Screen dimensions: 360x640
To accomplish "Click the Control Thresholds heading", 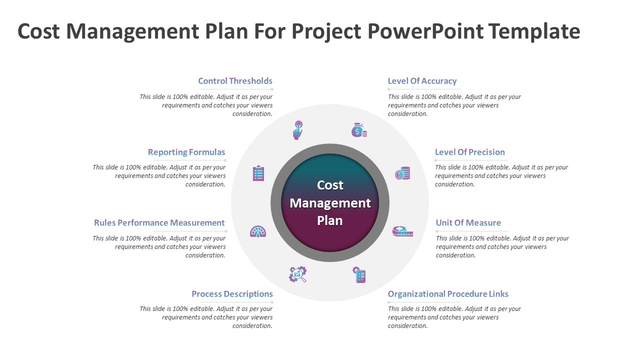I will [x=235, y=81].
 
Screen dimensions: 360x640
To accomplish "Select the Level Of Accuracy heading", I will [x=422, y=81].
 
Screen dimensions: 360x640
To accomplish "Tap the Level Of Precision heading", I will [x=469, y=152].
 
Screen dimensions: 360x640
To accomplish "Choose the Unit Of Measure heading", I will [x=468, y=222].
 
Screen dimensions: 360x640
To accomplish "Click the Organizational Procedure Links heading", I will [x=448, y=294].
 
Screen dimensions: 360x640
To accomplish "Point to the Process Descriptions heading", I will [x=232, y=294].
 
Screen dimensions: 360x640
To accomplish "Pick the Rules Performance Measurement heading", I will [x=159, y=222].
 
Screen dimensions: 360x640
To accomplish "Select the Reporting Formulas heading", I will [x=186, y=152].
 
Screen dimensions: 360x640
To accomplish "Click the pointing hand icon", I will [x=298, y=129].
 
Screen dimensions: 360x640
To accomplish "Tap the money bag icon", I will [x=358, y=130].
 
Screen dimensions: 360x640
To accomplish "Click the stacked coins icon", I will [x=402, y=173].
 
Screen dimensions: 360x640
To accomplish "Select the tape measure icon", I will [x=402, y=231].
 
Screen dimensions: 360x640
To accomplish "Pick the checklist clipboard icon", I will [x=258, y=173].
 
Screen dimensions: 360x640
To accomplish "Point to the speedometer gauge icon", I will [x=258, y=231].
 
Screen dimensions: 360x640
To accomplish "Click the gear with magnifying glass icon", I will [x=298, y=274].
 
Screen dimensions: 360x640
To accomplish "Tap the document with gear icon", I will [x=359, y=274].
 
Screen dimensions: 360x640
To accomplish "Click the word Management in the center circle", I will [x=330, y=203].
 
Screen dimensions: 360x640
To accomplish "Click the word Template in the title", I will [x=534, y=31].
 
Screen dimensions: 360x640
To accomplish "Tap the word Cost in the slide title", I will [x=38, y=31].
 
